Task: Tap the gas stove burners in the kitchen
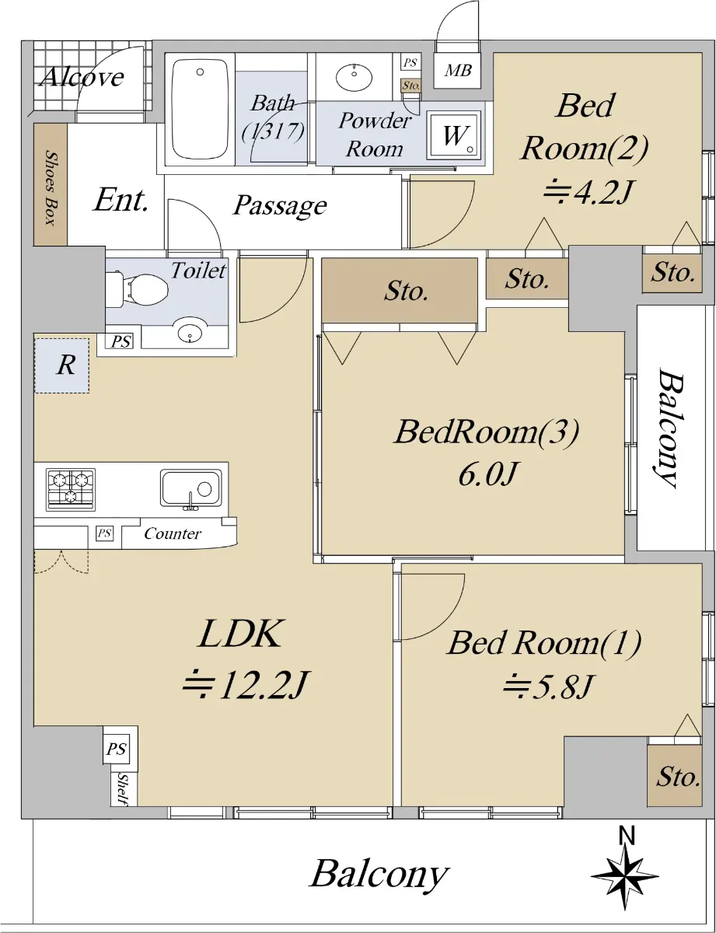point(71,490)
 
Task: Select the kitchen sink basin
point(191,487)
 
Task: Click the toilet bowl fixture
point(138,289)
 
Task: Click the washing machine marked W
point(454,135)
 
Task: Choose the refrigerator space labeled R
point(62,365)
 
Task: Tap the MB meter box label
point(458,71)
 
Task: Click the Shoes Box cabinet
point(51,184)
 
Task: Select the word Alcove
point(82,77)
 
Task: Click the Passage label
point(280,206)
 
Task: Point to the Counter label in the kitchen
point(172,533)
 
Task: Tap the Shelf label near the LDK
point(123,789)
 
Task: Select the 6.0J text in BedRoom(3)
point(487,473)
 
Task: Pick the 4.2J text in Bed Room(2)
point(588,191)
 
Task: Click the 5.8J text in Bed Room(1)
point(548,687)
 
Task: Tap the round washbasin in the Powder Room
point(355,77)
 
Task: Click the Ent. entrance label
point(120,200)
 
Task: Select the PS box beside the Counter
point(104,533)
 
